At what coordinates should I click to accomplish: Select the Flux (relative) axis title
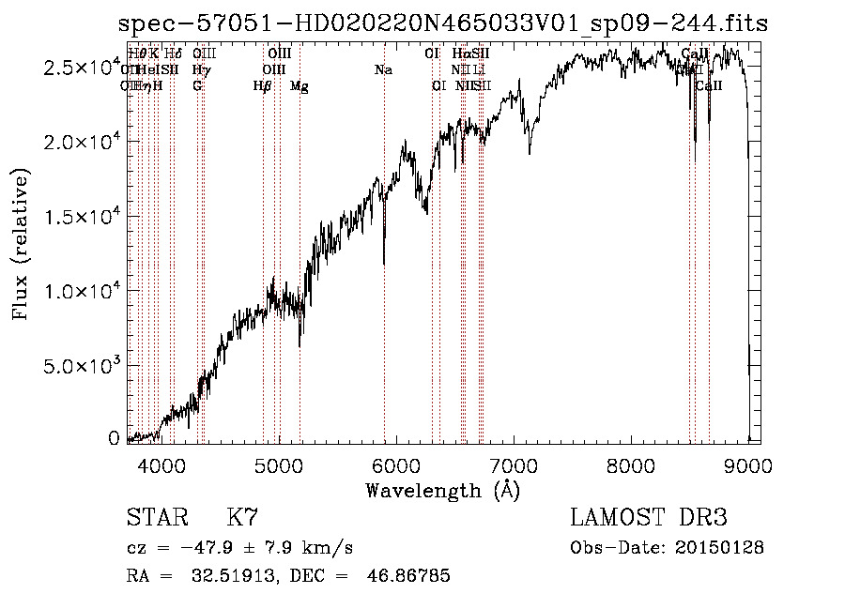[x=21, y=244]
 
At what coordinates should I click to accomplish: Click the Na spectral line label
[x=383, y=69]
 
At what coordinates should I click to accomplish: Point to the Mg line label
[x=300, y=86]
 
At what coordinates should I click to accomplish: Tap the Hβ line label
[x=263, y=86]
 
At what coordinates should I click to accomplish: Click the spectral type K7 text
[x=242, y=518]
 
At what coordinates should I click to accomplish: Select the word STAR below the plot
[x=154, y=518]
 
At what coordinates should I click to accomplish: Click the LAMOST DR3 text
[x=649, y=518]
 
